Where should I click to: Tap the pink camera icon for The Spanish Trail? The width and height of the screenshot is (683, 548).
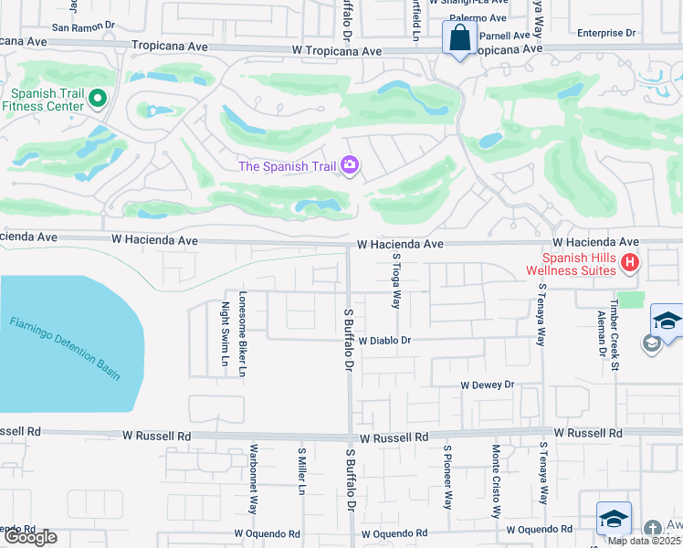click(349, 165)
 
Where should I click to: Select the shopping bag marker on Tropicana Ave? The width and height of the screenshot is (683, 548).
click(457, 39)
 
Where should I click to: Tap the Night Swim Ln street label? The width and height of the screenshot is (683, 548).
click(225, 335)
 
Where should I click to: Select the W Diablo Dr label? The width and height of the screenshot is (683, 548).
click(386, 340)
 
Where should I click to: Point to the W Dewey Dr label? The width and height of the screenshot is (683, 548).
click(488, 385)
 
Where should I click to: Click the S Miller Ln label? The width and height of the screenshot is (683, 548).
click(300, 471)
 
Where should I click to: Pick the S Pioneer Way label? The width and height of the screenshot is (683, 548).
click(448, 477)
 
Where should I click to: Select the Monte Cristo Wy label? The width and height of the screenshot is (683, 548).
click(496, 481)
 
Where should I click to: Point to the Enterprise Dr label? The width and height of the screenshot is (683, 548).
click(606, 33)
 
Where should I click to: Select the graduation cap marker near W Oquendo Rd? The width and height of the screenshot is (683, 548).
click(613, 518)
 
